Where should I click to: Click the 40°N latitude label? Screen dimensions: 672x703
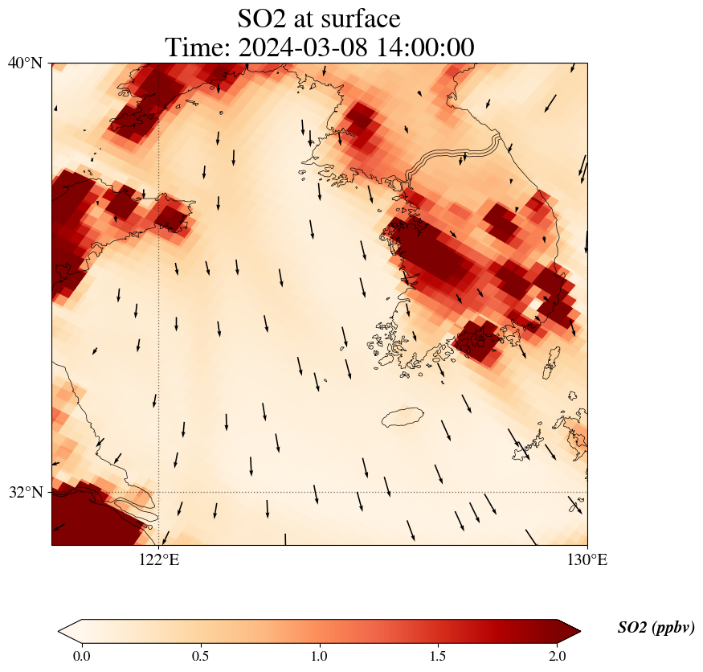(x=25, y=63)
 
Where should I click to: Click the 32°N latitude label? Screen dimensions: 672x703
(x=25, y=492)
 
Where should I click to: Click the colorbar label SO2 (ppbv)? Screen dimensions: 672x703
(x=656, y=628)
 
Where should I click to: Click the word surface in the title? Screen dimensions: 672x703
(x=358, y=18)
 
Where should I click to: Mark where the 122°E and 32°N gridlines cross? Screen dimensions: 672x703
(x=159, y=492)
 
